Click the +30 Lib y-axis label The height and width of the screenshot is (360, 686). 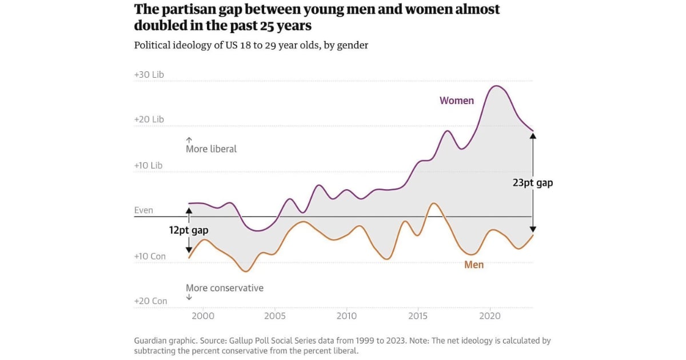tap(149, 75)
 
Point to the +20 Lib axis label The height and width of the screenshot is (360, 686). tap(149, 119)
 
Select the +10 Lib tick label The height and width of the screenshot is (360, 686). tap(148, 165)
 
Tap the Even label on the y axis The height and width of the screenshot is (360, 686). tap(143, 210)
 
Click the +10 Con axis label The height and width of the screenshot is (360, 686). tap(150, 256)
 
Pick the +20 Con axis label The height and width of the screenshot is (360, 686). tap(150, 301)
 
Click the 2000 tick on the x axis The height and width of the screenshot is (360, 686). tap(203, 315)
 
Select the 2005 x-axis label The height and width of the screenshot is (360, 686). tap(275, 315)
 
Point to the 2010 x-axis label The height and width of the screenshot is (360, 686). tap(346, 315)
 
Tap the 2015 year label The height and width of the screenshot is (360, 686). tap(418, 315)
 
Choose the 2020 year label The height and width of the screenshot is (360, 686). tap(490, 315)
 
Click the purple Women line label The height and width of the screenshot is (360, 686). tap(456, 101)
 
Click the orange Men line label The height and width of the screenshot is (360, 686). tap(474, 265)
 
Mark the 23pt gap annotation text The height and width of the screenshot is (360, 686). tap(532, 183)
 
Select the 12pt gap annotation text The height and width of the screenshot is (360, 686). tap(189, 230)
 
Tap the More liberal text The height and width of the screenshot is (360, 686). tap(211, 149)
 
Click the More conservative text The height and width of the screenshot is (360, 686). tap(225, 288)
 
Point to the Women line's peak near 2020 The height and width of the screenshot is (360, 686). tap(496, 86)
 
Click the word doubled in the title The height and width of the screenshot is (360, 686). tap(161, 26)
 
